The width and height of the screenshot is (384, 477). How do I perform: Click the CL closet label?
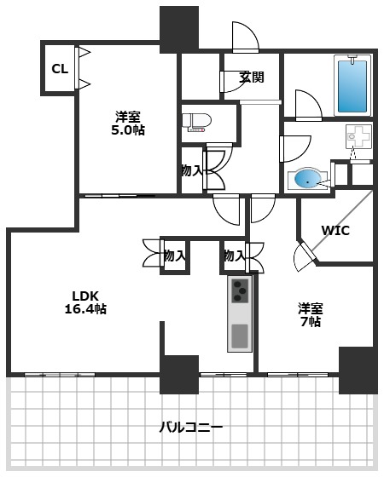[x=59, y=69]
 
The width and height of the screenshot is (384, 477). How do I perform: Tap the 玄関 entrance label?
[x=251, y=77]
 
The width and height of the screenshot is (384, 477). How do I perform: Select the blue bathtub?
[x=352, y=85]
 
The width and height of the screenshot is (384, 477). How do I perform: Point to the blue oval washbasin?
[x=305, y=179]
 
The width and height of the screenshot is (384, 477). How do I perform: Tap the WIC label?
[x=335, y=230]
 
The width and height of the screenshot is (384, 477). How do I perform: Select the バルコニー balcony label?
[x=191, y=426]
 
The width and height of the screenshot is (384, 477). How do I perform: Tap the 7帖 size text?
[x=309, y=322]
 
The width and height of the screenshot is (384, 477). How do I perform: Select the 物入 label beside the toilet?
[x=191, y=170]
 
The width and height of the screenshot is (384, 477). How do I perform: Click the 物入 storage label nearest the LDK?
[x=174, y=255]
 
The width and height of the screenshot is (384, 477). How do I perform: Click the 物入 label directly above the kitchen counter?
[x=234, y=255]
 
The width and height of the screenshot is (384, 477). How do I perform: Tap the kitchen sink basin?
[x=240, y=334]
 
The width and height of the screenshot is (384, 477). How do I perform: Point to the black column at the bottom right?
[x=358, y=369]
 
